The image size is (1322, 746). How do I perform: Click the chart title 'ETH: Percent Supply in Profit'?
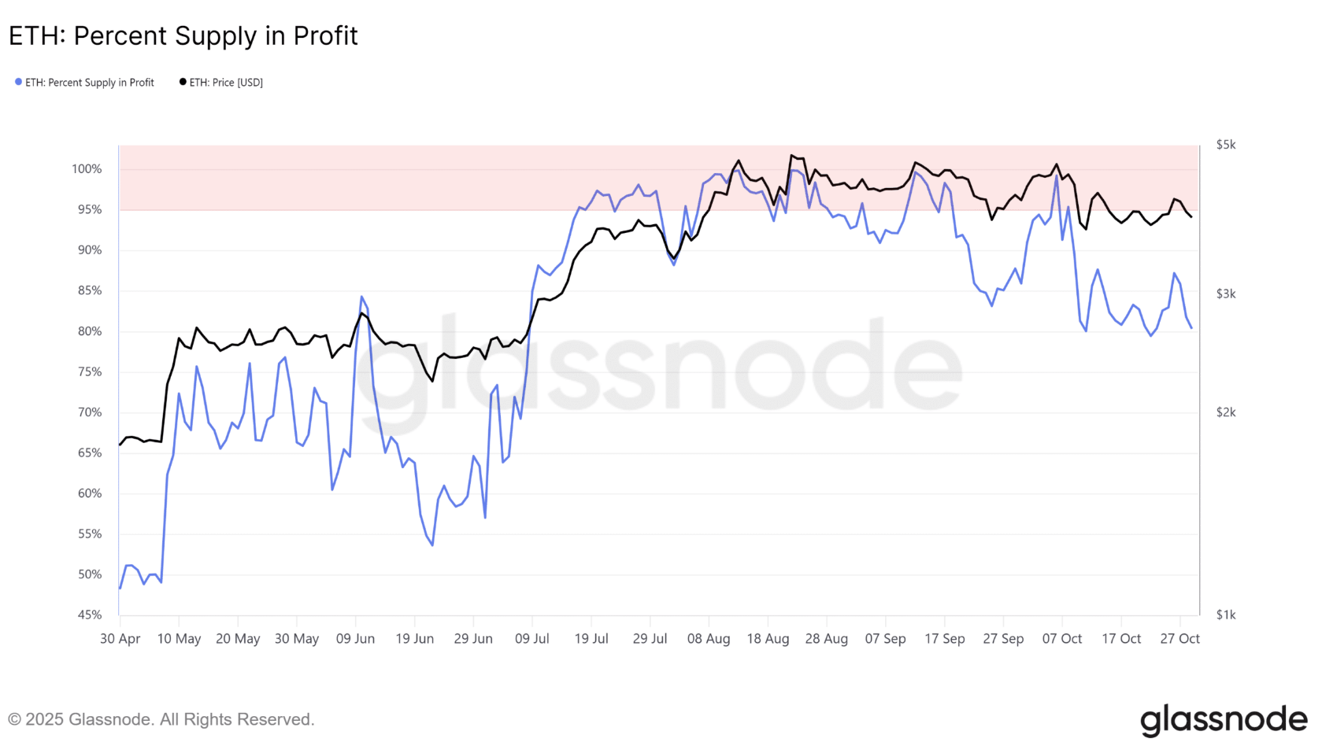click(183, 36)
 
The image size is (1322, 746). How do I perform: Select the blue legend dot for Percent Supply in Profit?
click(18, 82)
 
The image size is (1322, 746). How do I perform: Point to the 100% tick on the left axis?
click(87, 169)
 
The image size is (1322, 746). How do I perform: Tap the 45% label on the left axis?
click(90, 615)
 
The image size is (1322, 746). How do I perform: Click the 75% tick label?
click(90, 371)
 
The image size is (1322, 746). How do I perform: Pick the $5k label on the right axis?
click(1225, 145)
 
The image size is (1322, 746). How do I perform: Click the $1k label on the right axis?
click(1225, 615)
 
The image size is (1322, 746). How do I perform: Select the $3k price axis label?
click(1225, 294)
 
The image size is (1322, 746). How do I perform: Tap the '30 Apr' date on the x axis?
click(120, 639)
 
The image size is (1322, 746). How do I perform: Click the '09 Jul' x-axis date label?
click(532, 639)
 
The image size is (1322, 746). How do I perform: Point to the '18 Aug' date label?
click(768, 639)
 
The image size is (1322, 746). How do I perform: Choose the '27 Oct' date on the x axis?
click(1179, 639)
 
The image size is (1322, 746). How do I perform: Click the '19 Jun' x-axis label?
click(414, 639)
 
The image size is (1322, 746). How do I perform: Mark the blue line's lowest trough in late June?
click(432, 545)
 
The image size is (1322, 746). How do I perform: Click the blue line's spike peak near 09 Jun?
click(361, 297)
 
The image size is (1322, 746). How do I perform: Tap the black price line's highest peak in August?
click(791, 155)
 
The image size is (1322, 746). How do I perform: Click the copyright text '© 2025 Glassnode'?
click(161, 719)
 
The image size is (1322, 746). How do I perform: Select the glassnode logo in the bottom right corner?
click(1223, 719)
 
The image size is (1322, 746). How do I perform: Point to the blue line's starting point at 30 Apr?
click(120, 588)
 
